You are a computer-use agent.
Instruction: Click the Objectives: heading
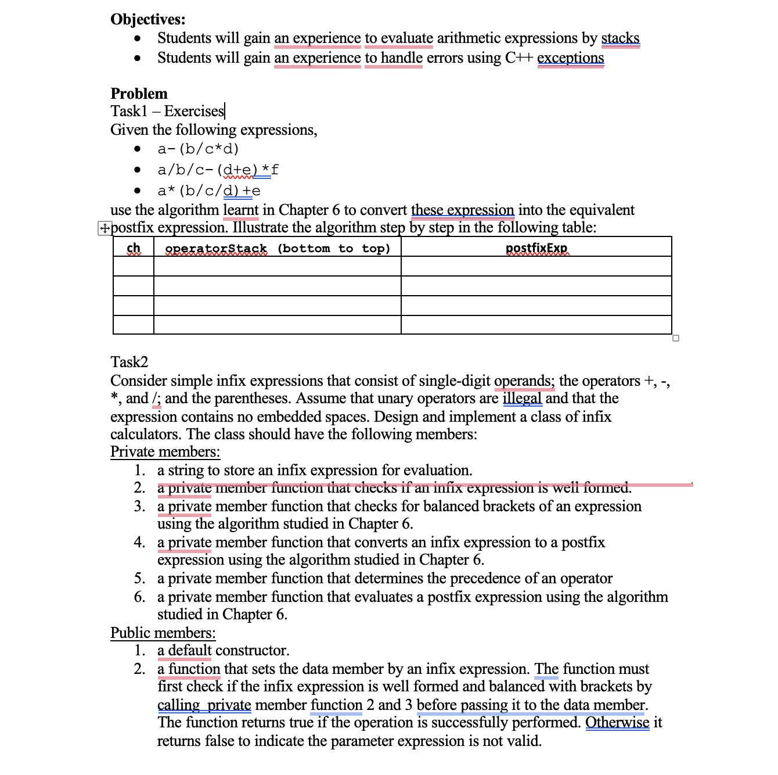point(148,19)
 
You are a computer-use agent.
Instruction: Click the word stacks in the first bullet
point(620,38)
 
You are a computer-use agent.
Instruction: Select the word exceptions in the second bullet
point(570,58)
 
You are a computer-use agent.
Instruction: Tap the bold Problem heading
point(139,94)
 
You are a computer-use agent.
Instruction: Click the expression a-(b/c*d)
point(198,149)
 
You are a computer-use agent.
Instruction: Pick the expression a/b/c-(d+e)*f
point(218,170)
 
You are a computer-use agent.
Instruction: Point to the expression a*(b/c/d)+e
point(208,191)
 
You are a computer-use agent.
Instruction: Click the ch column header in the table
point(134,248)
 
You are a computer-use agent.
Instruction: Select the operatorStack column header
point(216,249)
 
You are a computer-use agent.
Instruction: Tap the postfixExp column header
point(536,249)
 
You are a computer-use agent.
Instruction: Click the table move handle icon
point(104,228)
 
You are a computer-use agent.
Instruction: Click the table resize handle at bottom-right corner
point(675,338)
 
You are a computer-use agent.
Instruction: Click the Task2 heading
point(129,362)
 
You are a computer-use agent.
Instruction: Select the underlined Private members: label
point(165,452)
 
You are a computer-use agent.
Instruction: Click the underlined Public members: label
point(163,633)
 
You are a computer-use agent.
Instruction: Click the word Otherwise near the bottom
point(617,723)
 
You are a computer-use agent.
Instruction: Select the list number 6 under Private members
point(140,597)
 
